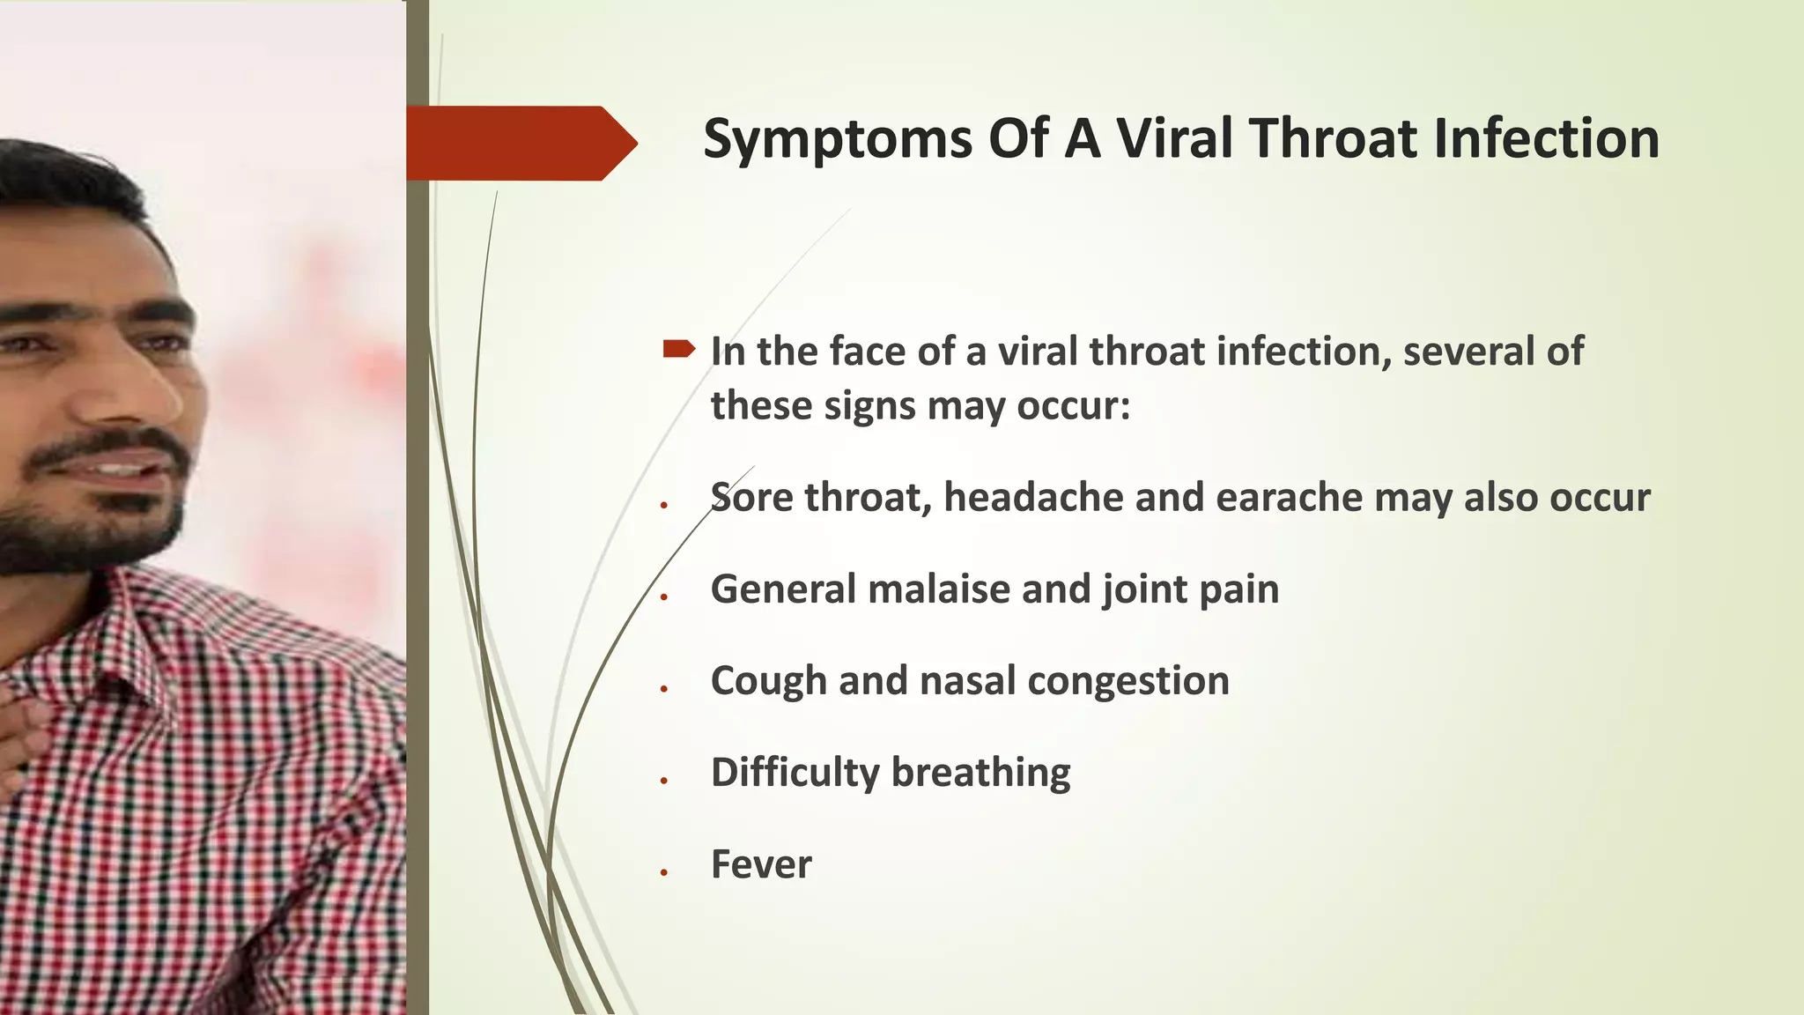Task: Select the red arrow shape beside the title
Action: [520, 143]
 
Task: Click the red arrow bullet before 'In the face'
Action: [679, 350]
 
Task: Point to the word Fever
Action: [761, 864]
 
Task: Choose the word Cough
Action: [767, 682]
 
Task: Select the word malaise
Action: [939, 589]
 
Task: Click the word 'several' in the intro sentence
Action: [1468, 352]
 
